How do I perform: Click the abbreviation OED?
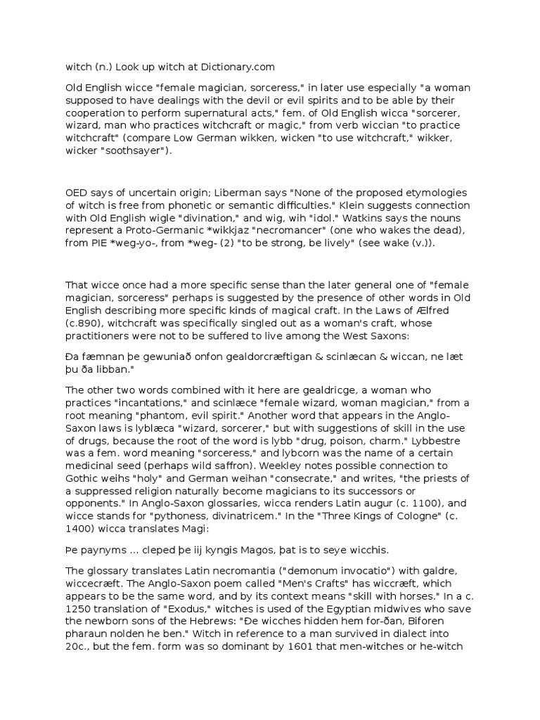77,193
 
